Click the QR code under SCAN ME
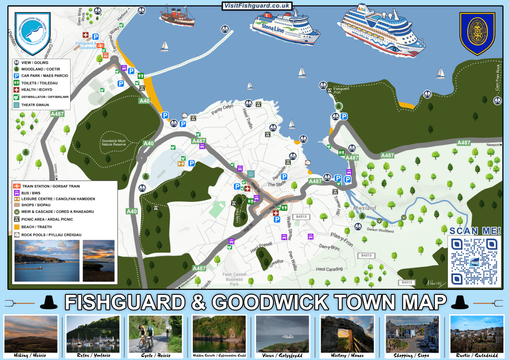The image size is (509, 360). (473, 261)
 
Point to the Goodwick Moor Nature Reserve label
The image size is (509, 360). (116, 142)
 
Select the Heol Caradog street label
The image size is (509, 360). (329, 269)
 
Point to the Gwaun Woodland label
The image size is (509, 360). (380, 230)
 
